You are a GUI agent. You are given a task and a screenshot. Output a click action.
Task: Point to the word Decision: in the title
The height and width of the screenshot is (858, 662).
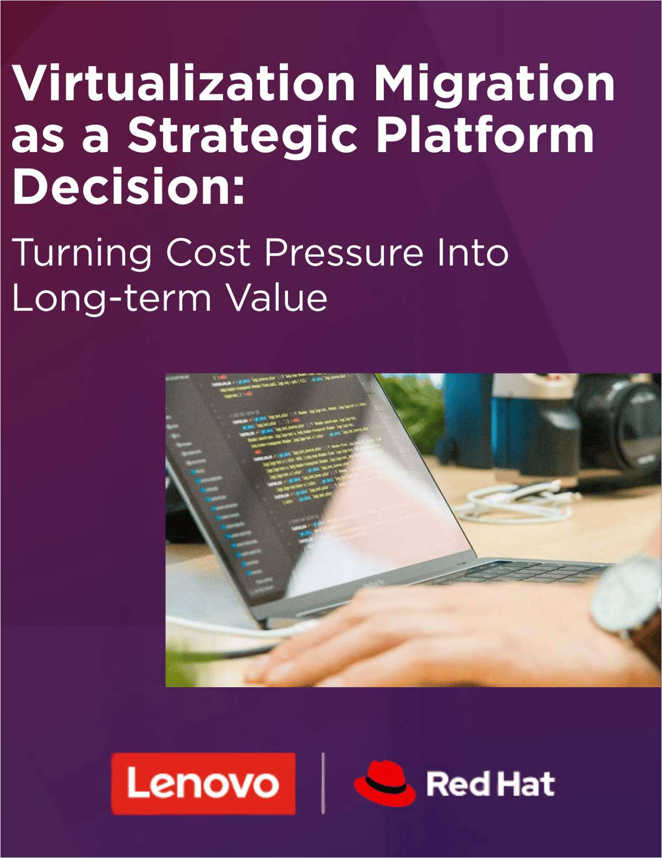click(x=128, y=187)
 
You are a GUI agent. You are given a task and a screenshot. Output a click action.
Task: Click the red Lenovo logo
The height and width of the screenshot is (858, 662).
click(x=203, y=784)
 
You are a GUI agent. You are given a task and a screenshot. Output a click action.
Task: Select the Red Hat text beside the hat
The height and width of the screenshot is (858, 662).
click(x=490, y=784)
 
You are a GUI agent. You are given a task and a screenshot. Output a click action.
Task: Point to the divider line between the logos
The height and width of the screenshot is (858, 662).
click(x=323, y=783)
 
